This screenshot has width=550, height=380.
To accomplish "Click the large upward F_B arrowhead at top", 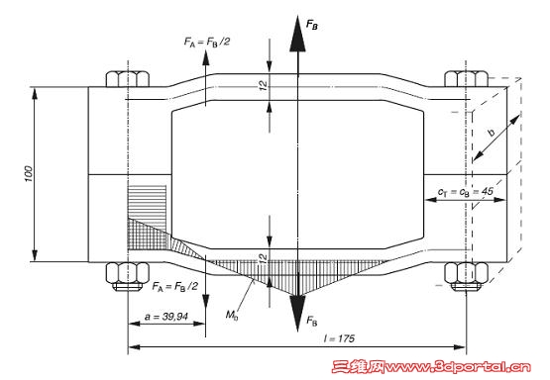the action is [x=297, y=34].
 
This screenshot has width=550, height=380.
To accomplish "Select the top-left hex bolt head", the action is [x=128, y=79].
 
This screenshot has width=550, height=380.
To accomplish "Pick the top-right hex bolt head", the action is [x=466, y=79].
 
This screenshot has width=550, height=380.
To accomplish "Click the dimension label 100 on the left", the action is [x=29, y=174].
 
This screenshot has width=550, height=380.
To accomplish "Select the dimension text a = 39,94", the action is [x=166, y=317].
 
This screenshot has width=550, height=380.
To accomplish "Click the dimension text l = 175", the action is [x=339, y=338].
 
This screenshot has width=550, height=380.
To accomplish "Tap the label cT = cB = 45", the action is [x=465, y=191].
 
